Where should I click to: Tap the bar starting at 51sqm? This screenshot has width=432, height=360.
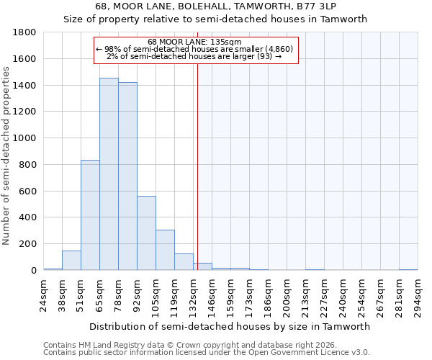(90, 215)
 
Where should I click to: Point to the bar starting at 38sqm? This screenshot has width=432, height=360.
(71, 261)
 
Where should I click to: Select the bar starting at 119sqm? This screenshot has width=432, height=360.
(184, 262)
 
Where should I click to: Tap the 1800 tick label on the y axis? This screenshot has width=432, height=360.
(24, 32)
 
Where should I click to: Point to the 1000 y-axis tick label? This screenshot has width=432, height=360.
(24, 138)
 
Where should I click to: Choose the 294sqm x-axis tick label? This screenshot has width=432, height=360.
(418, 294)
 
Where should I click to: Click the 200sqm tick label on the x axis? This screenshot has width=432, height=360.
(287, 294)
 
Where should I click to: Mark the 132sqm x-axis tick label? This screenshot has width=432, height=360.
(194, 294)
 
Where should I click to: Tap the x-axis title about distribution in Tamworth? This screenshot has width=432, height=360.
(230, 326)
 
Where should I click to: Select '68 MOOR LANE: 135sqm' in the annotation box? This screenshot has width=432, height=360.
(194, 42)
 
